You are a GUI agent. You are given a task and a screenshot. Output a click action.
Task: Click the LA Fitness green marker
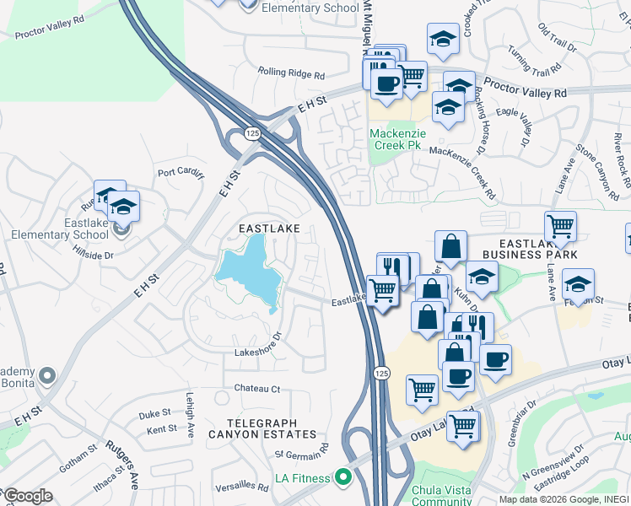[342, 478]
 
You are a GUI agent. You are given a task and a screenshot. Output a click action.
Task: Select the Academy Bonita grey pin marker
[47, 375]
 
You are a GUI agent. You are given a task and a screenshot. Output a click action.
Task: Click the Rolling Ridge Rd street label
[291, 74]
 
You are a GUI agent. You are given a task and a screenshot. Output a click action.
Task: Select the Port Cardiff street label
[181, 174]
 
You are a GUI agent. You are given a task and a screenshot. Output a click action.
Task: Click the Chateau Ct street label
[257, 389]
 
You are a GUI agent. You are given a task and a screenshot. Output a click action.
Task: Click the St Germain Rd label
[301, 455]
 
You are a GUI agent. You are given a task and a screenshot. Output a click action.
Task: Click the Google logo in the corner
[27, 496]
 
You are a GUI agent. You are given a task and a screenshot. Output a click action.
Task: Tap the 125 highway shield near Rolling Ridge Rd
[252, 133]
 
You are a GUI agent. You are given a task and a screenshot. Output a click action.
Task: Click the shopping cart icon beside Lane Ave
[560, 226]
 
